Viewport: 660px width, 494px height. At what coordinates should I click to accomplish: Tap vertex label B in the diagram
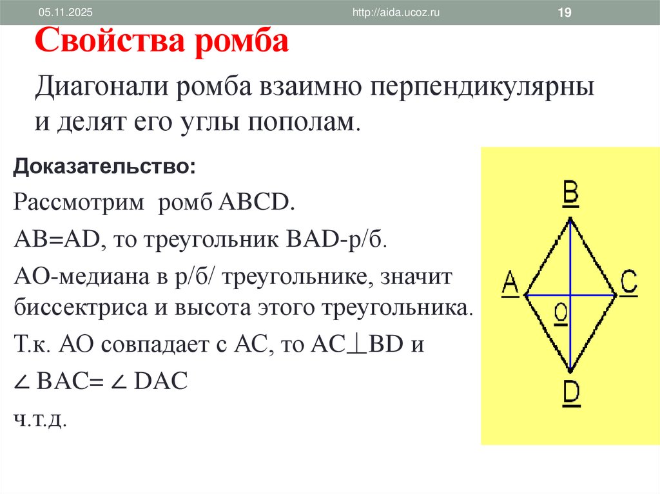570,193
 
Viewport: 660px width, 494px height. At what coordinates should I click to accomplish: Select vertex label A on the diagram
510,283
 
